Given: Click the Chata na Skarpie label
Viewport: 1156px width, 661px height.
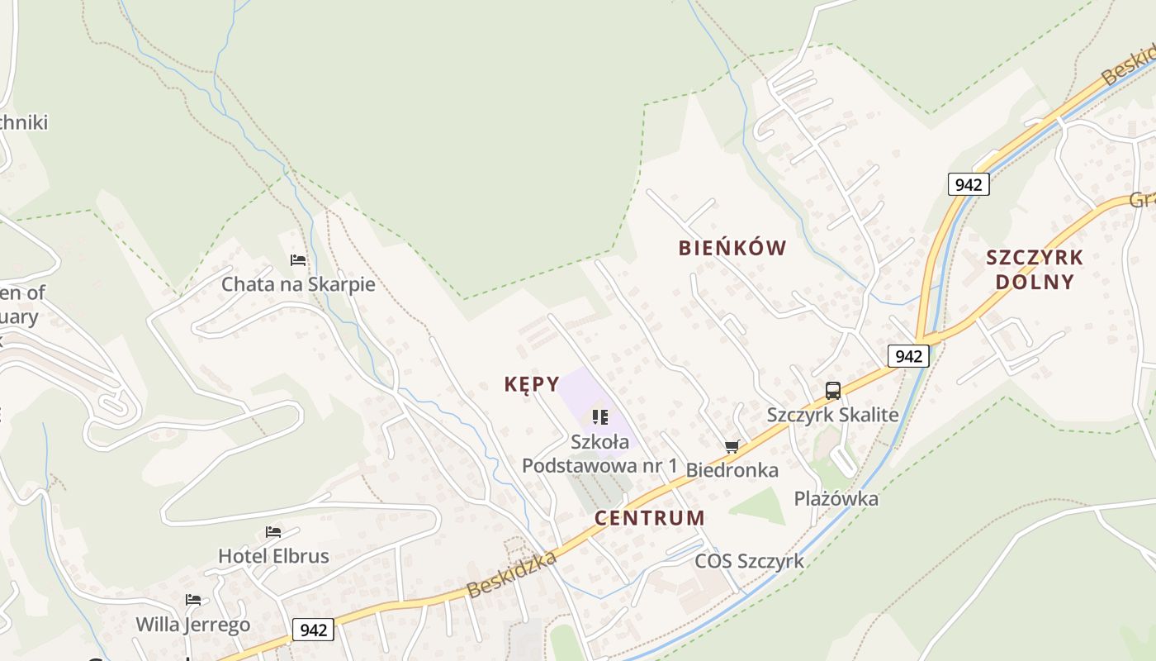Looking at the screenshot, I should click(x=298, y=284).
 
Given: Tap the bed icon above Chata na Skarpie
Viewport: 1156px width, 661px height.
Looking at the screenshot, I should click(x=298, y=260).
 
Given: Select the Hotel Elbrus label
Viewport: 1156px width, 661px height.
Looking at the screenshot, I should click(x=273, y=556).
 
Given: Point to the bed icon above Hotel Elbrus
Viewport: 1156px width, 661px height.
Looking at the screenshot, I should click(x=273, y=532).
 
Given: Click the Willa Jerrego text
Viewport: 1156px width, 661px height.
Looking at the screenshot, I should click(x=192, y=624).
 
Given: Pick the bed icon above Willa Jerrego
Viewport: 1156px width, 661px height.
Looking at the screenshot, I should click(x=193, y=600).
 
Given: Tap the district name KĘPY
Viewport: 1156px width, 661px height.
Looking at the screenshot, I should click(x=532, y=384).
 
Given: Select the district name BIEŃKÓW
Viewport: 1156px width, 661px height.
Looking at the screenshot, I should click(x=732, y=248).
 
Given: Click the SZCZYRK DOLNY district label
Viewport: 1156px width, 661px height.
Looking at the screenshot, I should click(x=1035, y=269).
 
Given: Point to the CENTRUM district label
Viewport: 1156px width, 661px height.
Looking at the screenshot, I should click(x=650, y=518).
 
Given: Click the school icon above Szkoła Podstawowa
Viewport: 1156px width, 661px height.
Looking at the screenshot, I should click(x=600, y=417).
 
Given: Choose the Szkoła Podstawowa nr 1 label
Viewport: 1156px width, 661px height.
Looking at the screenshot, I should click(x=599, y=454).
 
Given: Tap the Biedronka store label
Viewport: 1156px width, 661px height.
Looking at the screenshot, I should click(x=732, y=470).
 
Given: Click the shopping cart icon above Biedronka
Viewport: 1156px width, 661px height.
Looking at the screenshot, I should click(x=732, y=447).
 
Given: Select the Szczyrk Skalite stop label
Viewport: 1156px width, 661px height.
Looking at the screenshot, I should click(x=832, y=415).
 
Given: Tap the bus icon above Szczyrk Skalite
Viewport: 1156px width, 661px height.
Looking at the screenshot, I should click(x=833, y=391).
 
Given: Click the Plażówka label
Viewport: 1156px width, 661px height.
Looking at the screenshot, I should click(x=836, y=498).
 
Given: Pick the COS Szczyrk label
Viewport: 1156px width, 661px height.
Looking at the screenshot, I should click(x=749, y=561).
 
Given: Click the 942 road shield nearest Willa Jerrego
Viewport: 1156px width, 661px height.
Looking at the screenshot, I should click(x=313, y=630).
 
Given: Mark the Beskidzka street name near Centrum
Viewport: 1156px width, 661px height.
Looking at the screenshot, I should click(x=512, y=576).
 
